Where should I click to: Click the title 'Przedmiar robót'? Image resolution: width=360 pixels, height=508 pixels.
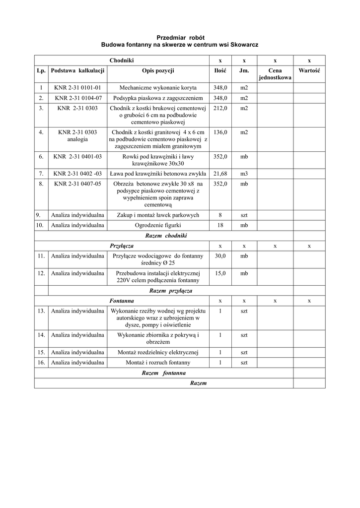[x=180, y=38]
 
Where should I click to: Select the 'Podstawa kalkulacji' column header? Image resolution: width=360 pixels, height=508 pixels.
[x=77, y=71]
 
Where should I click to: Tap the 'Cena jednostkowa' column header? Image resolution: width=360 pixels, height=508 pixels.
[x=275, y=74]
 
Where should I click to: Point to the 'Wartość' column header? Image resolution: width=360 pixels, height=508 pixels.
[x=309, y=71]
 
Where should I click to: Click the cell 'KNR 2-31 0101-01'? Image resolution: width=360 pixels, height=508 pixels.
[x=77, y=88]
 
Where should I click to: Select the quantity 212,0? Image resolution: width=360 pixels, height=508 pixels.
[x=220, y=108]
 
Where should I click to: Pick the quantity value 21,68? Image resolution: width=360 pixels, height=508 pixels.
[x=220, y=174]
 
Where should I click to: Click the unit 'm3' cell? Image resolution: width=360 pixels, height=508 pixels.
[x=244, y=174]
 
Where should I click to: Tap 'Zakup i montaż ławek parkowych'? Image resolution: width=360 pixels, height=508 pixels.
[x=158, y=215]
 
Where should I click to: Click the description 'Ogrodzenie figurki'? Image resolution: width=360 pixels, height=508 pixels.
[x=158, y=225]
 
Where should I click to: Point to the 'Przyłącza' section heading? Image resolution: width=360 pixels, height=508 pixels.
[x=121, y=246]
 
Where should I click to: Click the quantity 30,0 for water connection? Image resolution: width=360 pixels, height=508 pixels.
[x=220, y=256]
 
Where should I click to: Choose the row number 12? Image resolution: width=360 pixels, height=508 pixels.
[x=41, y=273]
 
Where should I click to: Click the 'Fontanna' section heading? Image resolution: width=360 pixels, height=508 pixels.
[x=121, y=301]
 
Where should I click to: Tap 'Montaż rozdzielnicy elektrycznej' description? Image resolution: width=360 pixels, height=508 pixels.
[x=158, y=352]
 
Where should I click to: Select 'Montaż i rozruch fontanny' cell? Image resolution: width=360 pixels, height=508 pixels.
[x=158, y=363]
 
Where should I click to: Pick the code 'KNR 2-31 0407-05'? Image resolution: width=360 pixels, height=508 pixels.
[x=77, y=184]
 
